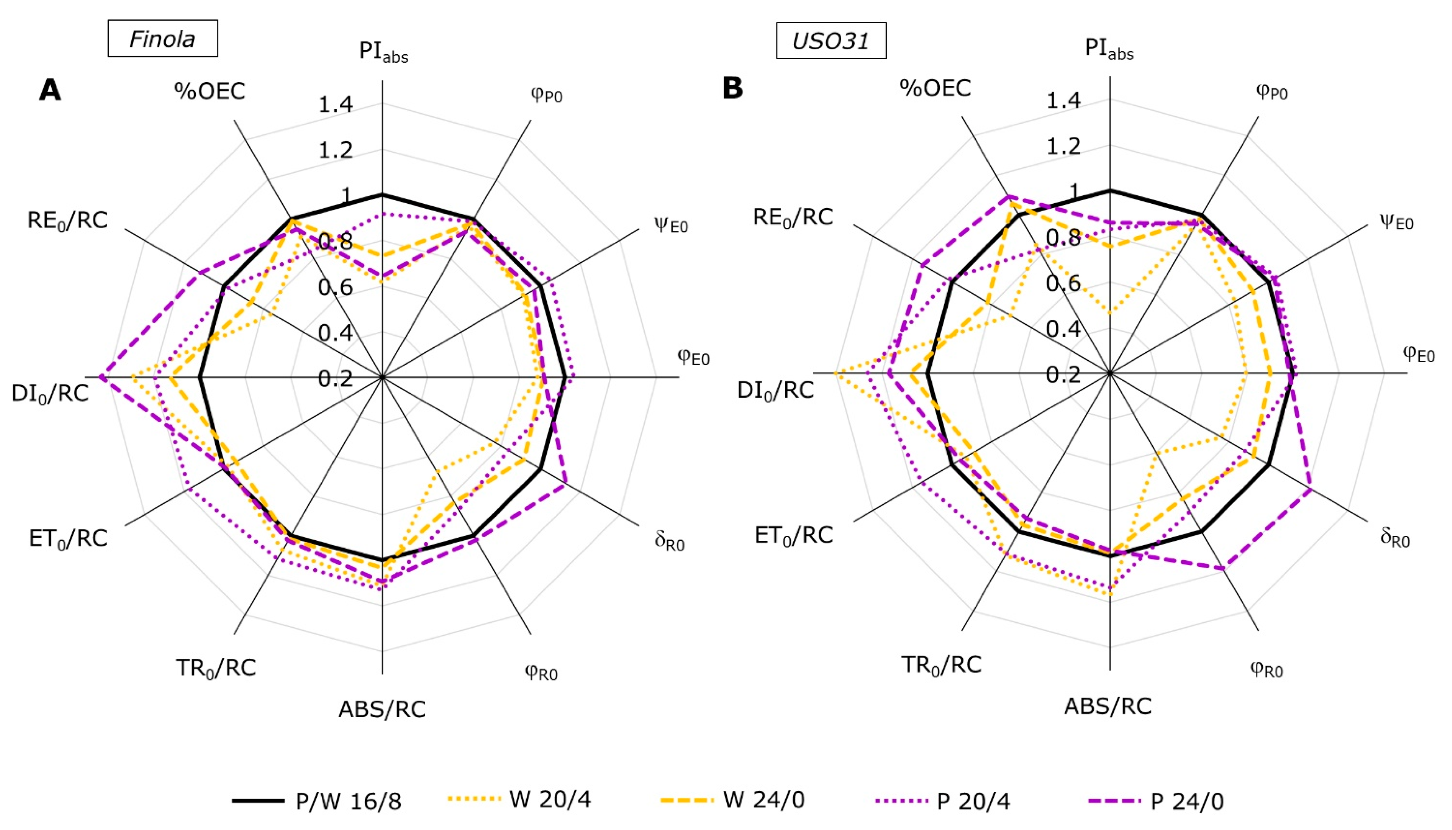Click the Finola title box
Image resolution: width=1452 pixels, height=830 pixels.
coord(162,39)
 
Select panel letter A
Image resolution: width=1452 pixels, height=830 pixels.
coord(50,90)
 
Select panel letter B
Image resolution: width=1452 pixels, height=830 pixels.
coord(733,88)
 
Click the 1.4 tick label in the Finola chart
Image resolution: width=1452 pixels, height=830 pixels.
coord(336,105)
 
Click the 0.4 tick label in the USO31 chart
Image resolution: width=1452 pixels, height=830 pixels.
coord(1063,329)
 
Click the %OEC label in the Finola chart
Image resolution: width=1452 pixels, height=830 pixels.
coord(210,91)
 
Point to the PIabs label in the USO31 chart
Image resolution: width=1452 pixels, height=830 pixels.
coord(1109,50)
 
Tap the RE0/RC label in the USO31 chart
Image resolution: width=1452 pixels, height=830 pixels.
coord(793,218)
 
